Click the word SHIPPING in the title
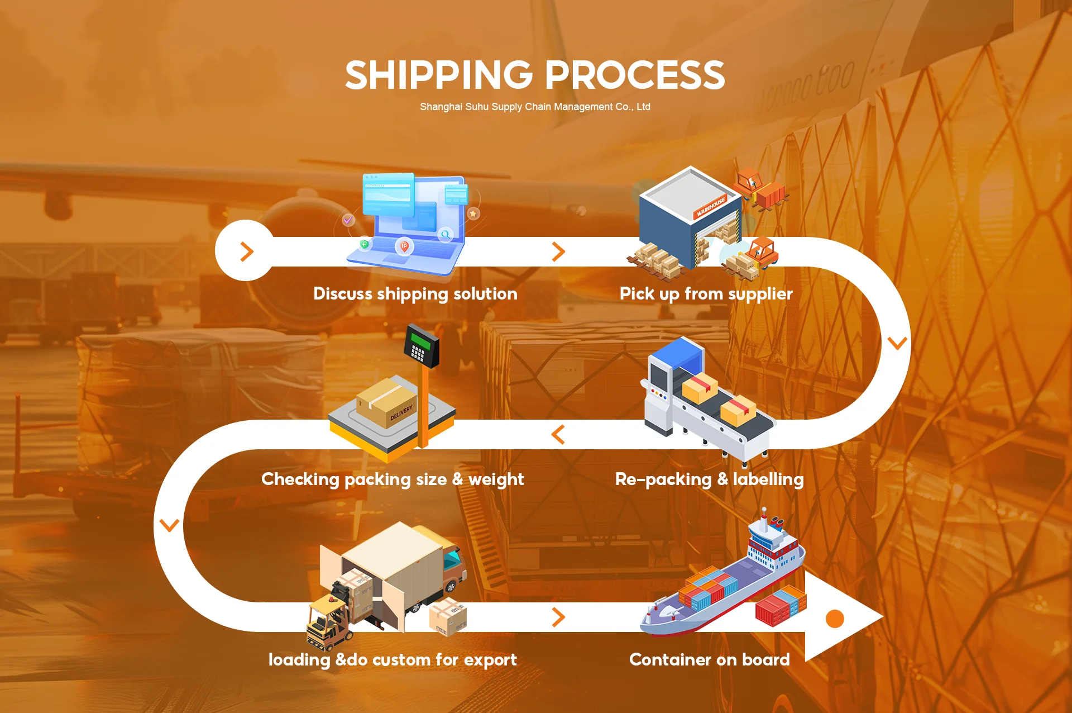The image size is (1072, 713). pos(439,75)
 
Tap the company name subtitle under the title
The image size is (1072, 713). pos(535,107)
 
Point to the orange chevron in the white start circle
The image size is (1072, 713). pos(246,251)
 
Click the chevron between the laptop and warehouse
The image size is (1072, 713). pos(558,251)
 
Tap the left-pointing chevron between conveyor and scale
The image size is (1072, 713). pos(558,434)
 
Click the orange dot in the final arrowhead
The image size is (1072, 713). pos(835,619)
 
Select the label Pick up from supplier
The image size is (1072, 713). pos(706,294)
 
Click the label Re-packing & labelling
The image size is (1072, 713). pos(709,479)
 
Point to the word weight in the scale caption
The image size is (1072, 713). pos(496,479)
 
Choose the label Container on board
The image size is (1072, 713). pos(709,660)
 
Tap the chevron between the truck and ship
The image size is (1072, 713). pos(558,617)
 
